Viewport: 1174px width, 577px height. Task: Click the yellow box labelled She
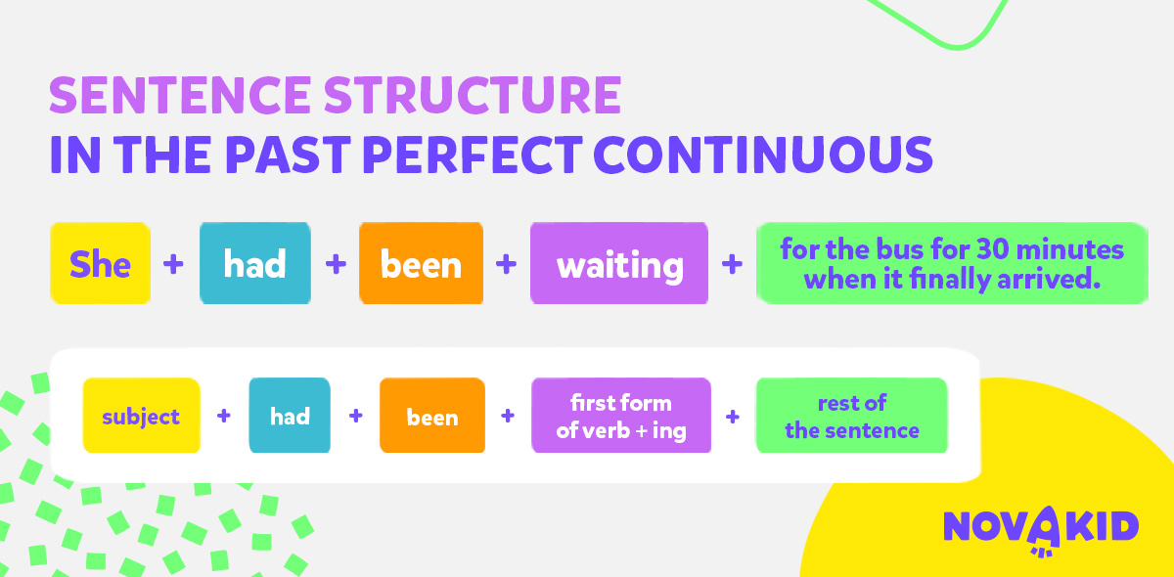pos(100,263)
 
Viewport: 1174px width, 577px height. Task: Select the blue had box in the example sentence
pos(255,263)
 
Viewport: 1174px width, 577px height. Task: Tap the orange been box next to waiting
pos(421,263)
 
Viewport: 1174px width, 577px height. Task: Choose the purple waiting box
pos(619,263)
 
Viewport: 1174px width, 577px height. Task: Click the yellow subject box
pos(142,415)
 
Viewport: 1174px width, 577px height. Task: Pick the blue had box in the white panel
pos(290,415)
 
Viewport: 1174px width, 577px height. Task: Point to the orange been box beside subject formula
pos(432,415)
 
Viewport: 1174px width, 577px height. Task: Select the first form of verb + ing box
pos(621,415)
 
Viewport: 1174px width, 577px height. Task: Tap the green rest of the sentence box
pos(852,415)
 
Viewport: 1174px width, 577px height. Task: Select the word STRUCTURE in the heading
pos(473,95)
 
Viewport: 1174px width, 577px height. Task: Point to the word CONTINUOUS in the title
pos(763,155)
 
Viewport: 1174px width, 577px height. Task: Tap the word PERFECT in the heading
pos(473,155)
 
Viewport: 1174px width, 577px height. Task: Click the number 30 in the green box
pos(993,249)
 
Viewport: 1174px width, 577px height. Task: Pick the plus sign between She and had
pos(173,264)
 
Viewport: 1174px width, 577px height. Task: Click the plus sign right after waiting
pos(732,264)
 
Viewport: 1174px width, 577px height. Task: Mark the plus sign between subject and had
pos(224,416)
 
